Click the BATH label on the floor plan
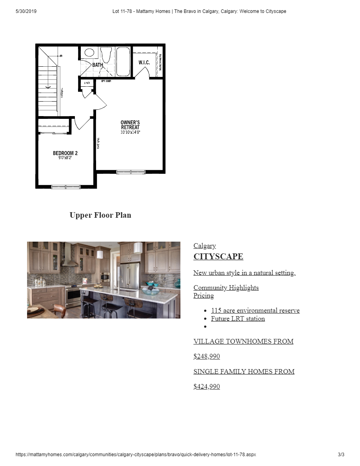98,65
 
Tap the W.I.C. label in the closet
144,63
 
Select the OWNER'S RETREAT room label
130,125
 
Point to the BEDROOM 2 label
65,153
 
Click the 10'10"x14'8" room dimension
130,133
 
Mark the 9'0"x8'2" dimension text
65,158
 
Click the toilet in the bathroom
106,55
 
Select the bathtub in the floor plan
123,62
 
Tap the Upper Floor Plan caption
100,215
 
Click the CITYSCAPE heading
218,257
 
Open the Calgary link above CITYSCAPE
204,246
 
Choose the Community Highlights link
226,288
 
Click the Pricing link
204,295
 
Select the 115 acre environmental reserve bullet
255,310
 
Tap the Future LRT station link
238,319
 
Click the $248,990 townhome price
207,356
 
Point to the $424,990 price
207,386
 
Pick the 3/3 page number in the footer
341,455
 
